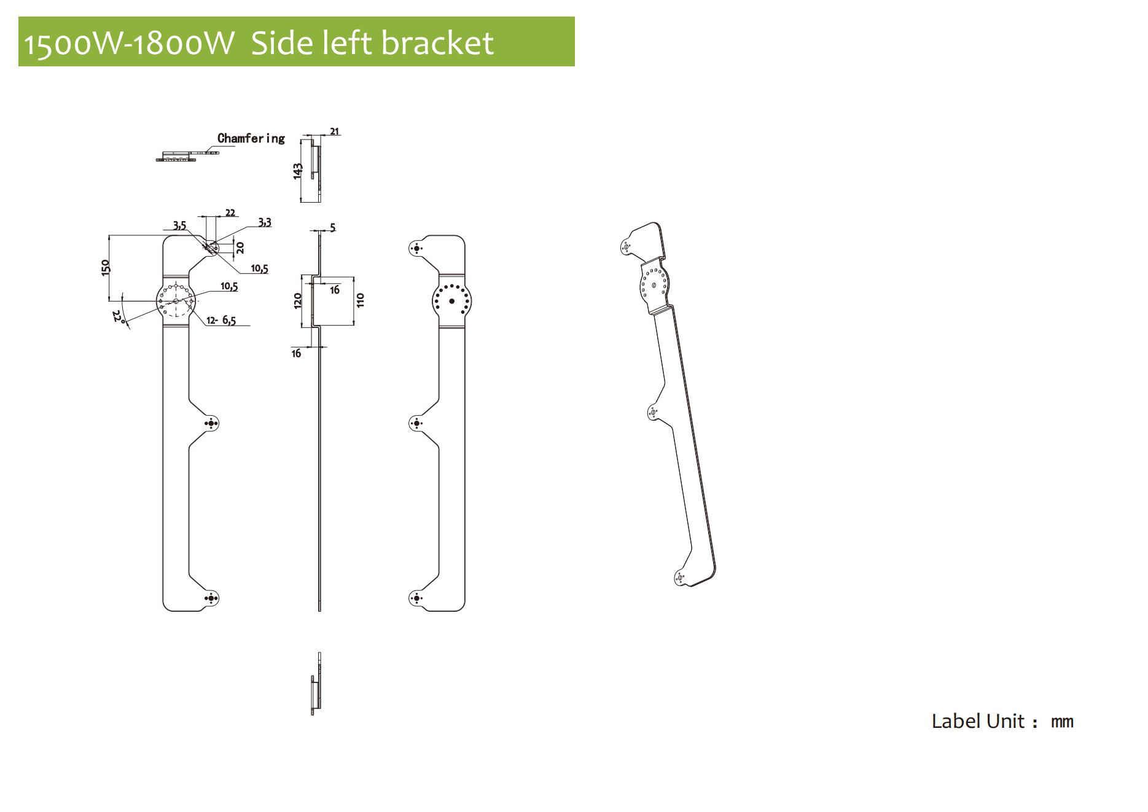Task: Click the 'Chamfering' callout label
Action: (x=251, y=138)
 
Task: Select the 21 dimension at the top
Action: (x=335, y=131)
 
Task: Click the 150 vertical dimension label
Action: (x=105, y=268)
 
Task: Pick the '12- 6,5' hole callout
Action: (x=221, y=320)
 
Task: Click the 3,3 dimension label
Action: (x=264, y=222)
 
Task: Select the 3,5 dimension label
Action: (x=179, y=226)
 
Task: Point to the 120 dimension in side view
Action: (x=298, y=300)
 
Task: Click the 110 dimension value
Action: (x=361, y=300)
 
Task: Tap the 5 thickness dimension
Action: (x=333, y=228)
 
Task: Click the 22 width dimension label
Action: (x=230, y=213)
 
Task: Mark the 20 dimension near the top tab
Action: (x=240, y=248)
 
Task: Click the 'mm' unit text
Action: (x=1062, y=722)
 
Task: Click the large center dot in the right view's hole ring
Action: (x=452, y=301)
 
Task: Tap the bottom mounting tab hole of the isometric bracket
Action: (x=680, y=577)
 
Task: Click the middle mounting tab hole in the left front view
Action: (x=211, y=424)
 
